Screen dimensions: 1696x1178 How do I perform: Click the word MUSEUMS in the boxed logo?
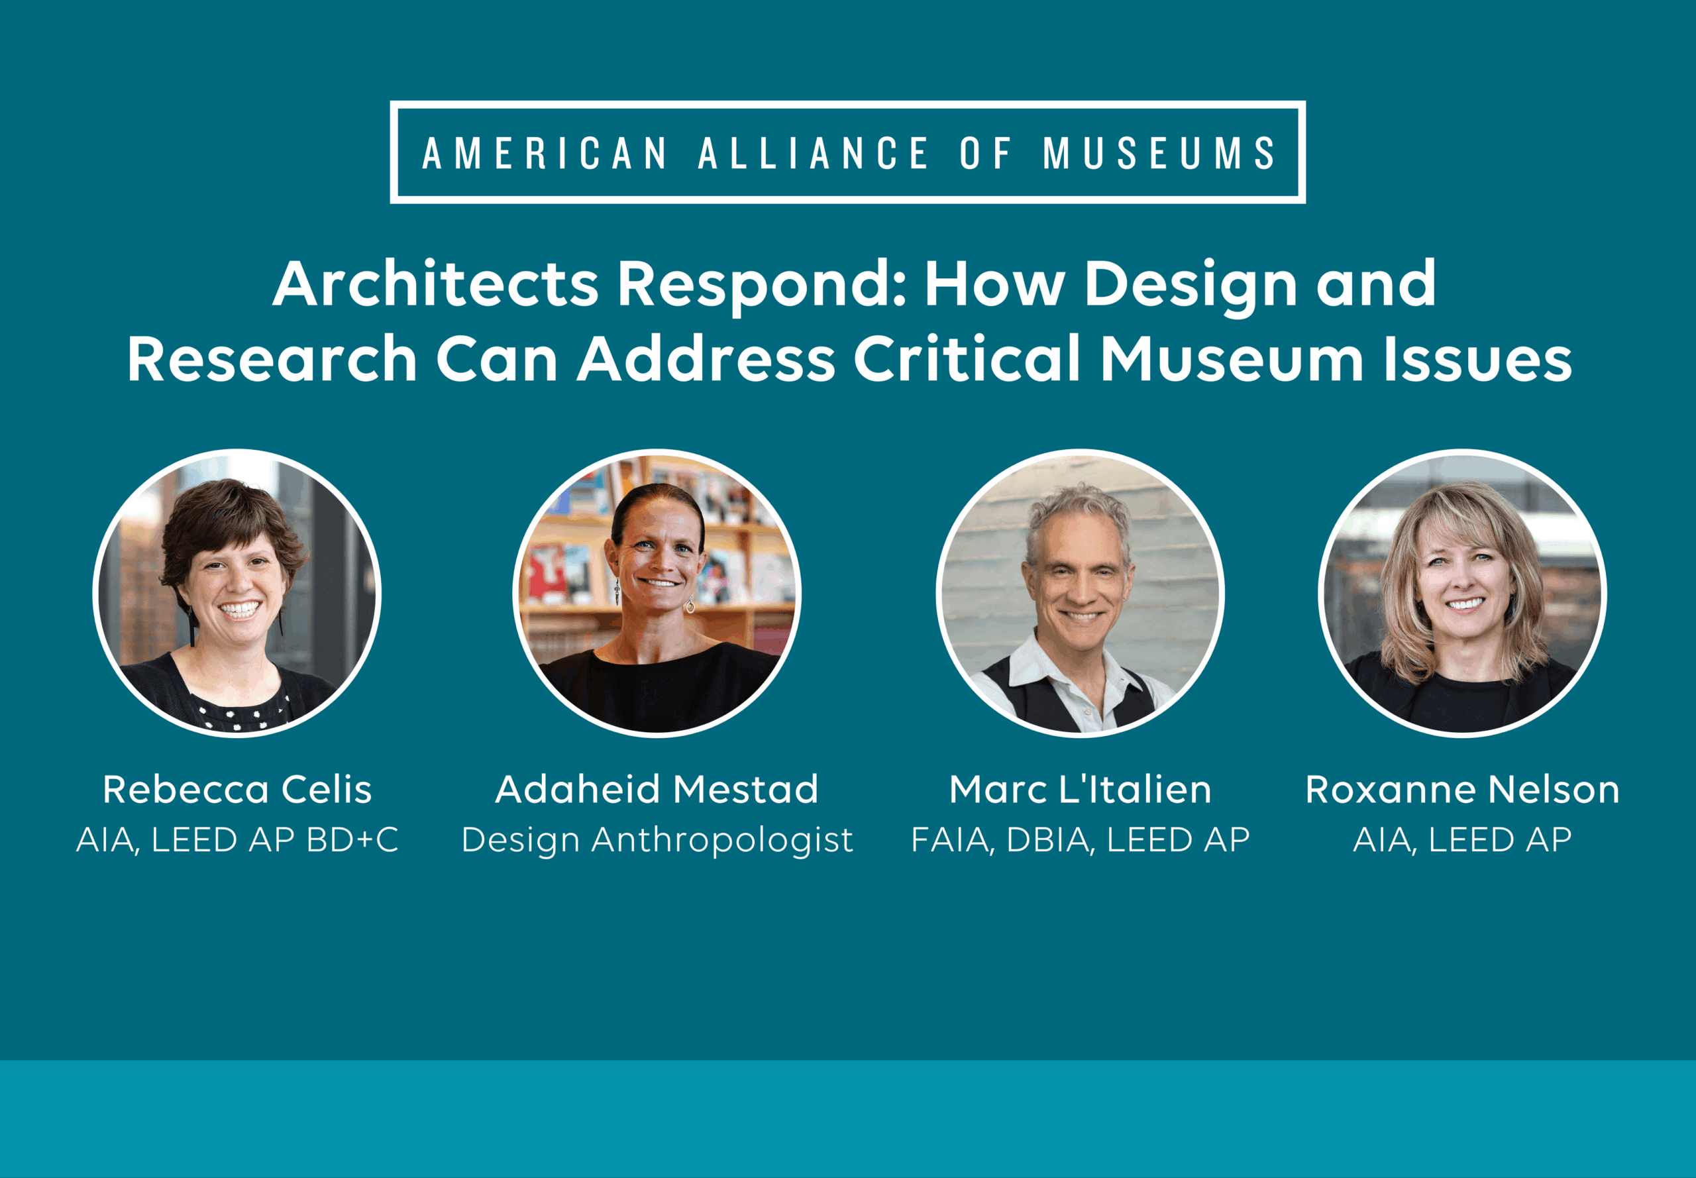click(1159, 153)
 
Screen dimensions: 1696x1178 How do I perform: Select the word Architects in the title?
click(435, 284)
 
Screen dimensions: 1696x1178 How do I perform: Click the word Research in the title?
click(272, 358)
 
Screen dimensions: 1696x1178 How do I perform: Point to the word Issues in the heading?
click(1478, 358)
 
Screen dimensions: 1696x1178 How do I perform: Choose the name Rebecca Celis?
click(237, 789)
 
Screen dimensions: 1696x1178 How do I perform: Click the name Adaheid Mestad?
click(657, 789)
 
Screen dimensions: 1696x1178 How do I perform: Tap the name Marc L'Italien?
click(1081, 789)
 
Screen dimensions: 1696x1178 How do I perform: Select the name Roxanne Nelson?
click(1463, 789)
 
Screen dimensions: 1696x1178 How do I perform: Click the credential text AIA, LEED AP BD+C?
click(237, 840)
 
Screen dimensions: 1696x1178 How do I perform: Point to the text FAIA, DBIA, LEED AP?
click(1081, 840)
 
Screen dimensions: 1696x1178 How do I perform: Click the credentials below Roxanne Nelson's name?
click(1463, 840)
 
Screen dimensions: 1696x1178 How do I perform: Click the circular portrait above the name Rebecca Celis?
click(237, 593)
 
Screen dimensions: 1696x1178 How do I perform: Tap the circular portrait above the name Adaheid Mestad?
click(657, 593)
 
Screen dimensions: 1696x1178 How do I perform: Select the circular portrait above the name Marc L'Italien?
click(1081, 593)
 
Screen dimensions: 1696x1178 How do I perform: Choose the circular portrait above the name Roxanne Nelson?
click(1463, 593)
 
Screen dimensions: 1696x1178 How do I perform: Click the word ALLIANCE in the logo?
click(814, 153)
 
